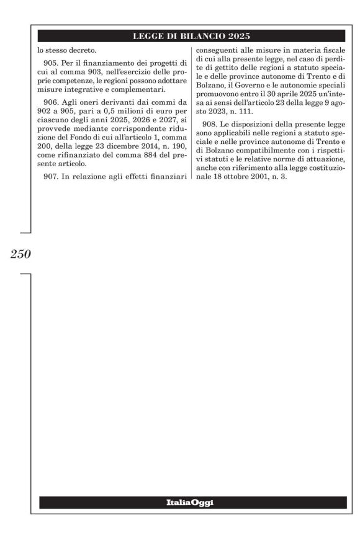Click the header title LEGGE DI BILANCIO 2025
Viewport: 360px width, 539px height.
[191, 35]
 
